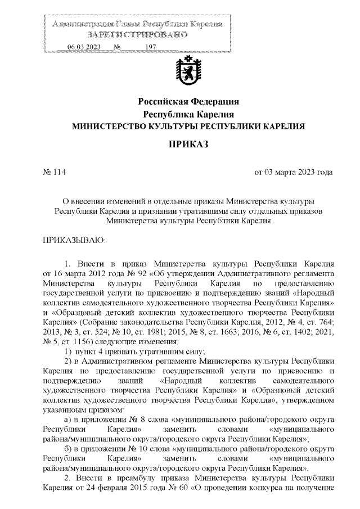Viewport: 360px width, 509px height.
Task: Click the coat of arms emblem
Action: [188, 71]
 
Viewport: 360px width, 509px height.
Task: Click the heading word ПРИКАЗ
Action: [188, 145]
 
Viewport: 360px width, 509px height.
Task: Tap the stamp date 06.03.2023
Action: [84, 47]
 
